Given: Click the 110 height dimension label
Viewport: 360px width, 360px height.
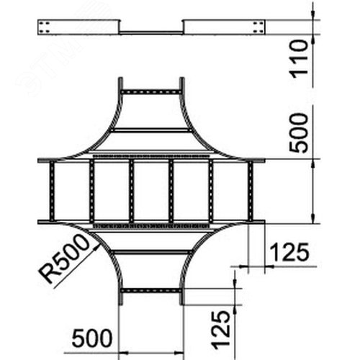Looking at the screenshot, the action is click(299, 59).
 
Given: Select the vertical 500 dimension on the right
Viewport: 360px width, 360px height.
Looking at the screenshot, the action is click(299, 133).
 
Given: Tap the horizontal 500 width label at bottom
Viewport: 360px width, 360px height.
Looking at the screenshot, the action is click(92, 338).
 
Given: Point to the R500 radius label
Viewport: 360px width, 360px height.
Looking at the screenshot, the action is click(64, 258).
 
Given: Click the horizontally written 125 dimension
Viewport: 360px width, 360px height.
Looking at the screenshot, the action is click(289, 252).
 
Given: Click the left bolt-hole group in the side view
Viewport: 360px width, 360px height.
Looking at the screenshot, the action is click(45, 27).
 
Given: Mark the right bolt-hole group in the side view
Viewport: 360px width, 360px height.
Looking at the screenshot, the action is click(258, 27).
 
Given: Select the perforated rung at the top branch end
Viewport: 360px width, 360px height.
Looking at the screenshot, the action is click(151, 92).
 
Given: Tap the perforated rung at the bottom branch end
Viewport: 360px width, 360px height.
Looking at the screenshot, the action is click(151, 291).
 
